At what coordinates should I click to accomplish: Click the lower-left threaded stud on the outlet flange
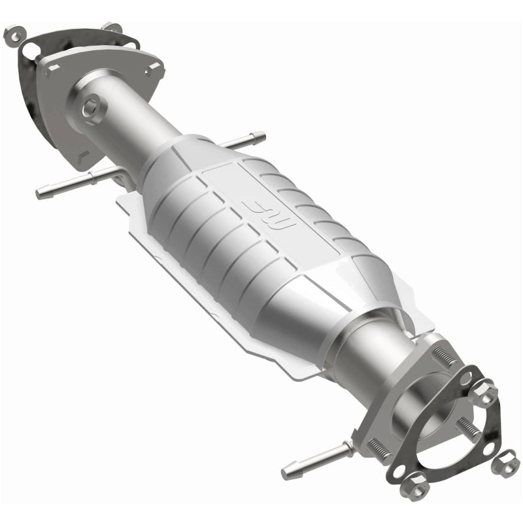(x=378, y=448)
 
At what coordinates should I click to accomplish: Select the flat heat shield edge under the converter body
(x=216, y=307)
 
